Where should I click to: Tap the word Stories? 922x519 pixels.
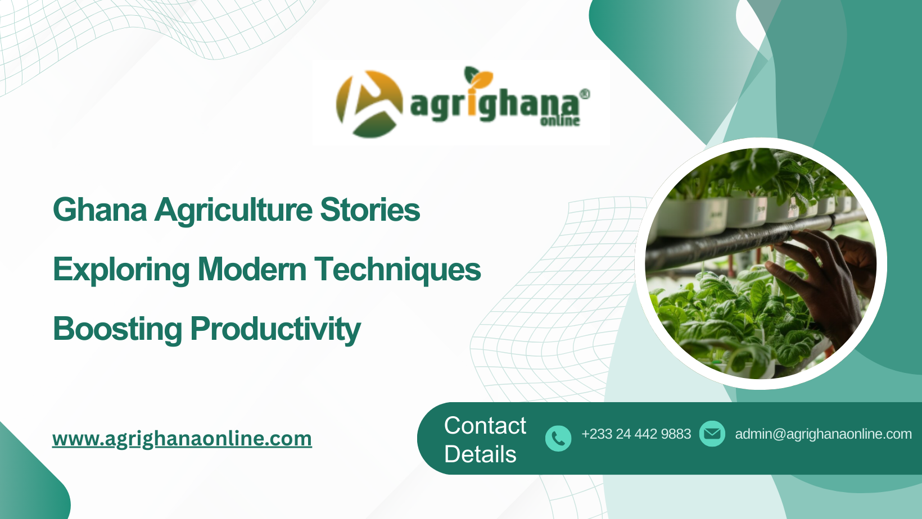tap(370, 210)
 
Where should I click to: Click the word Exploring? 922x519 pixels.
tap(121, 270)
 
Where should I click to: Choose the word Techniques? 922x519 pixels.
tap(397, 270)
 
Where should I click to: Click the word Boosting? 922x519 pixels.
tap(117, 329)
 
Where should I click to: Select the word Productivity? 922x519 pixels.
tap(275, 329)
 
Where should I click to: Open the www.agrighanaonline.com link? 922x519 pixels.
tap(182, 439)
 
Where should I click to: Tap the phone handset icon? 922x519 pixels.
tap(558, 438)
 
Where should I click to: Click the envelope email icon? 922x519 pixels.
tap(712, 434)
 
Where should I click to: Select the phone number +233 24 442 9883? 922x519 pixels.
tap(636, 434)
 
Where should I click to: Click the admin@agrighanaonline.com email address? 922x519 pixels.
tap(823, 434)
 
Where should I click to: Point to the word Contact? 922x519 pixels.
tap(485, 426)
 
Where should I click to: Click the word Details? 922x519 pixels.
tap(480, 454)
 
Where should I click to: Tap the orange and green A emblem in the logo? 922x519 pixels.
tap(369, 104)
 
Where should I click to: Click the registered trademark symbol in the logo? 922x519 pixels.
tap(585, 94)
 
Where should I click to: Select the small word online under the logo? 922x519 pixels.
tap(560, 120)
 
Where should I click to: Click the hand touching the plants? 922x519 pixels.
tap(821, 270)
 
